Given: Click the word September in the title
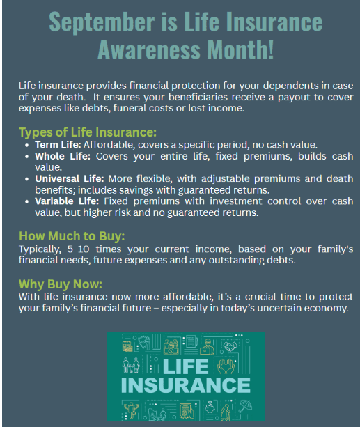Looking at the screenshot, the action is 102,22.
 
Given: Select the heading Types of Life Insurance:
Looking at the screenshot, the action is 88,132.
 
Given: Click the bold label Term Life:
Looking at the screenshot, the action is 58,145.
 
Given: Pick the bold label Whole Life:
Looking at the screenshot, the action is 63,156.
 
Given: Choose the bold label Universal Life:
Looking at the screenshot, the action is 69,178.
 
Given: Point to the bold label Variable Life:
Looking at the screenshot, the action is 67,201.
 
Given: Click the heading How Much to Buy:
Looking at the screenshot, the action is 72,236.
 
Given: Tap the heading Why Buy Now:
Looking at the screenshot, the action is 61,284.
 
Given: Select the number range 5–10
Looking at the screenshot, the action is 79,249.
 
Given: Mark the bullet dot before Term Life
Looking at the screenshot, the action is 26,146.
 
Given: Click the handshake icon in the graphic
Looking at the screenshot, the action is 230,346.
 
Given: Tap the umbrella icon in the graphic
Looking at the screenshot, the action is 245,406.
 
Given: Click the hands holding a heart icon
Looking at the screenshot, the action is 226,366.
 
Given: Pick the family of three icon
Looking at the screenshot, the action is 131,364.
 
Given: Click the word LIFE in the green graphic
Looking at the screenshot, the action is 186,366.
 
